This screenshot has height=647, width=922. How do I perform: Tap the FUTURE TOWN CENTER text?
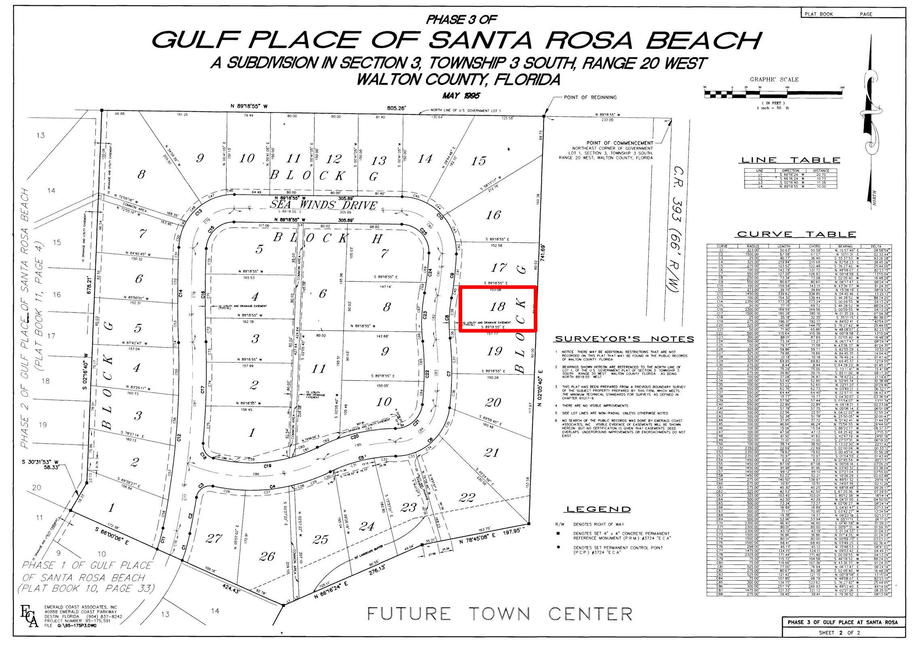click(x=500, y=614)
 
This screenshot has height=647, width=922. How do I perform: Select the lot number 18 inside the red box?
click(x=497, y=307)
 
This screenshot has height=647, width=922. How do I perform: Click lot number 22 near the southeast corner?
click(x=466, y=497)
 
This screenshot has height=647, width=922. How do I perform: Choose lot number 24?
click(x=367, y=526)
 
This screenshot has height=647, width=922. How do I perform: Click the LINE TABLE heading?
click(x=790, y=160)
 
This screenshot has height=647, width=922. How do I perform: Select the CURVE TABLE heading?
click(x=797, y=234)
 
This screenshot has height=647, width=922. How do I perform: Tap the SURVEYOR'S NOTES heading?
click(x=624, y=339)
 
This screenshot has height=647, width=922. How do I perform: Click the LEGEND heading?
click(x=598, y=509)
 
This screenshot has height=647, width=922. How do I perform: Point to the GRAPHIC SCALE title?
click(x=774, y=80)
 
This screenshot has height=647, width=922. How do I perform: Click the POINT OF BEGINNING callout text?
click(x=590, y=97)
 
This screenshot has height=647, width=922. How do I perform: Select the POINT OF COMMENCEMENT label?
click(x=620, y=143)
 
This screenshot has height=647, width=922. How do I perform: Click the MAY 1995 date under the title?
click(x=461, y=96)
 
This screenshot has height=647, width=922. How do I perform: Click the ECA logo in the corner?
click(x=29, y=616)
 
